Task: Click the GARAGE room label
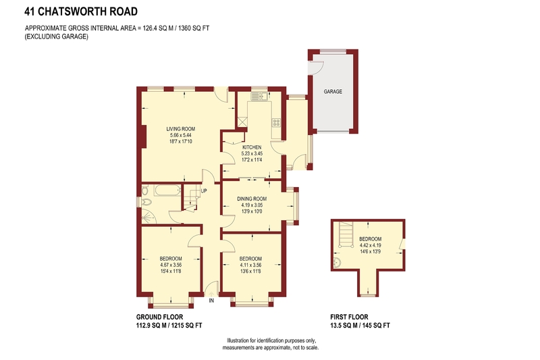(x=333, y=91)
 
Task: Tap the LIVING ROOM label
(x=180, y=129)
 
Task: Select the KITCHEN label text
(x=252, y=147)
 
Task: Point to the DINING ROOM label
(x=252, y=199)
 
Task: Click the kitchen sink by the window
(x=260, y=96)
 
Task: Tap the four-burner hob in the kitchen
(x=276, y=123)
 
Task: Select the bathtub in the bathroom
(x=167, y=190)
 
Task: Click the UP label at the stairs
(x=204, y=191)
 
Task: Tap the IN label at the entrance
(x=211, y=301)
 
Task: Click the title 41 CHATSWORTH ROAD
(x=81, y=11)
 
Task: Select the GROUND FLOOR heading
(x=159, y=317)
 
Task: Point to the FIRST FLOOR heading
(x=349, y=317)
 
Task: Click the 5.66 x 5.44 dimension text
(x=180, y=135)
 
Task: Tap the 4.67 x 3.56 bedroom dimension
(x=171, y=265)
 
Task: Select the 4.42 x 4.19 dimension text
(x=370, y=245)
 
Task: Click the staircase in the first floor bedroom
(x=346, y=234)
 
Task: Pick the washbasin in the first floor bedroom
(x=337, y=263)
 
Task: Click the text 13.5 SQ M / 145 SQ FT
(x=360, y=325)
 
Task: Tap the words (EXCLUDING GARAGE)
(x=56, y=36)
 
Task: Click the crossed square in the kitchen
(x=242, y=122)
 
